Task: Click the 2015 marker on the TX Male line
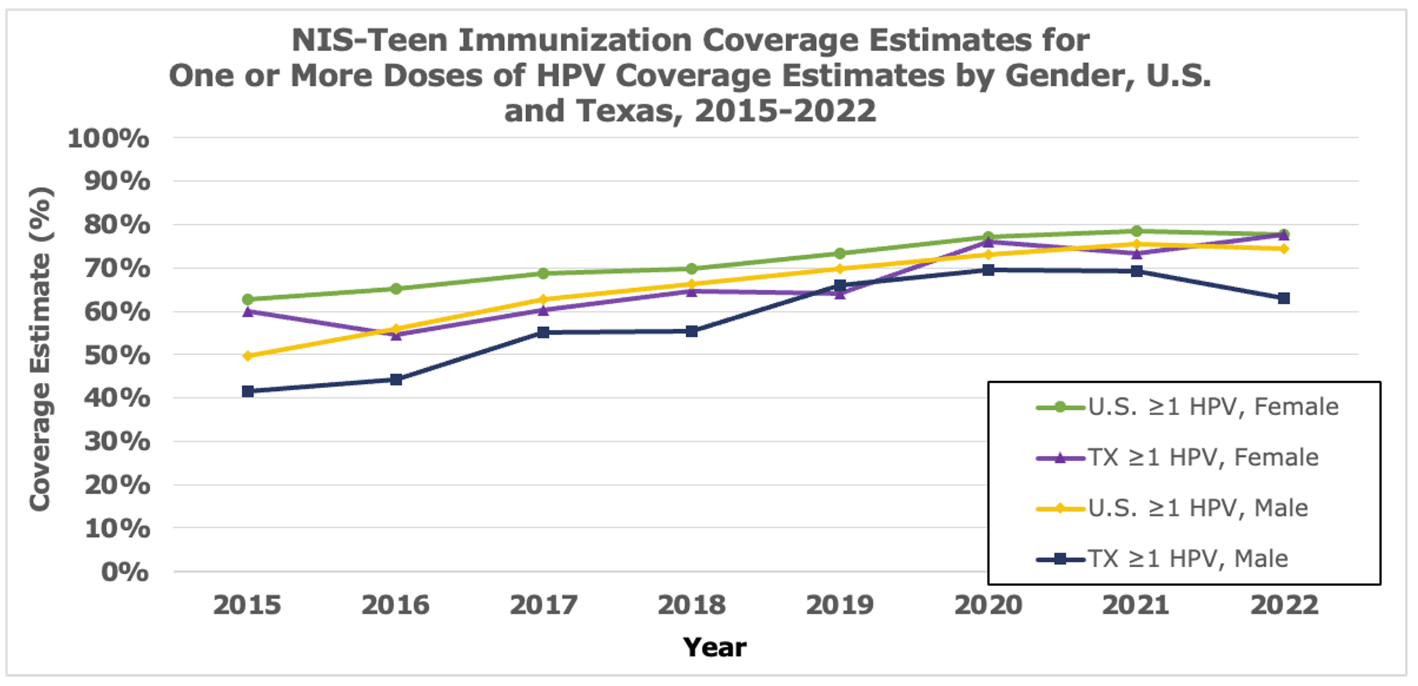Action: point(247,392)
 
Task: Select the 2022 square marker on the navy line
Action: point(1283,299)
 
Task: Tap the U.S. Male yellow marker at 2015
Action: point(247,356)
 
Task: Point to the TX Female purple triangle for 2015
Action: point(247,311)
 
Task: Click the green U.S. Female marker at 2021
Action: point(1136,231)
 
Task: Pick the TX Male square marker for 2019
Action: point(840,286)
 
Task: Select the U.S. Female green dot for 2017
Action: point(543,273)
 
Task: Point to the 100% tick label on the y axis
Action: point(108,138)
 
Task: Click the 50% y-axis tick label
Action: point(117,355)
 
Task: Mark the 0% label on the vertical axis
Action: point(125,572)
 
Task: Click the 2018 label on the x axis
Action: point(691,605)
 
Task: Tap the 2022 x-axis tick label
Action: point(1284,605)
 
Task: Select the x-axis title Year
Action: point(714,648)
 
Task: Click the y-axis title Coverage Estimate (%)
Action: point(40,349)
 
